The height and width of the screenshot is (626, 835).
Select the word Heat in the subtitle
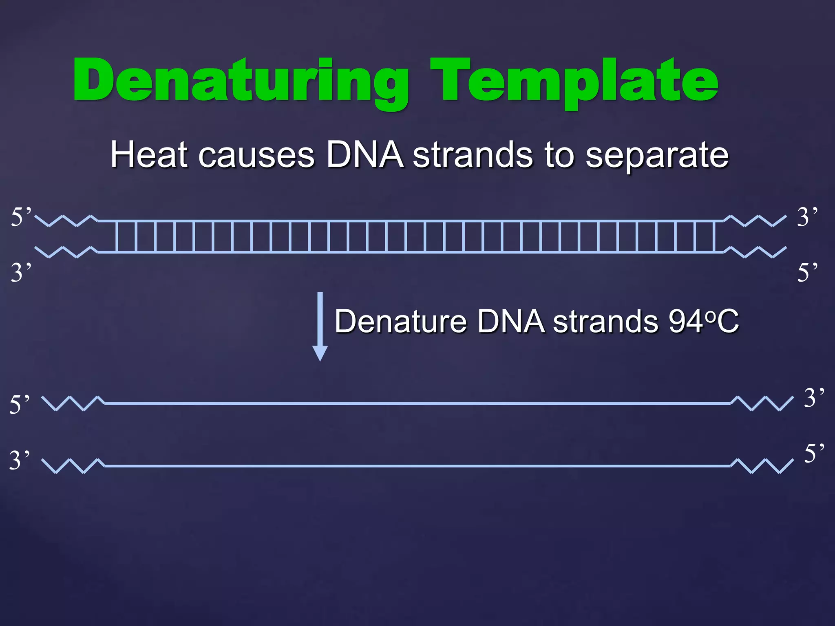[x=149, y=155]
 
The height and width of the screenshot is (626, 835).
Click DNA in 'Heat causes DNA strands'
[x=365, y=155]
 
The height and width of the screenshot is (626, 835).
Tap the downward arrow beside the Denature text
[x=320, y=326]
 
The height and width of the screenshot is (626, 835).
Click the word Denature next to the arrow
[x=400, y=322]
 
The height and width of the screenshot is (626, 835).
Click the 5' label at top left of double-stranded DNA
[x=21, y=216]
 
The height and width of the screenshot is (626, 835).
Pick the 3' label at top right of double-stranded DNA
[x=807, y=216]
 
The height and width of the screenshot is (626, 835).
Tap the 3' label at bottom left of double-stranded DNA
[x=21, y=272]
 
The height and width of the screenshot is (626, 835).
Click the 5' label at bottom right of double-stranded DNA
[x=807, y=272]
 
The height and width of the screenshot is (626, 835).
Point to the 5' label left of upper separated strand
[x=20, y=404]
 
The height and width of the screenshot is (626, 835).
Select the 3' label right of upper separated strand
[x=814, y=397]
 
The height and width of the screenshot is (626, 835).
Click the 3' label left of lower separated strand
[x=20, y=460]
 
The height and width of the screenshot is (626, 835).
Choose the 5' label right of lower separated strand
[x=814, y=453]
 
